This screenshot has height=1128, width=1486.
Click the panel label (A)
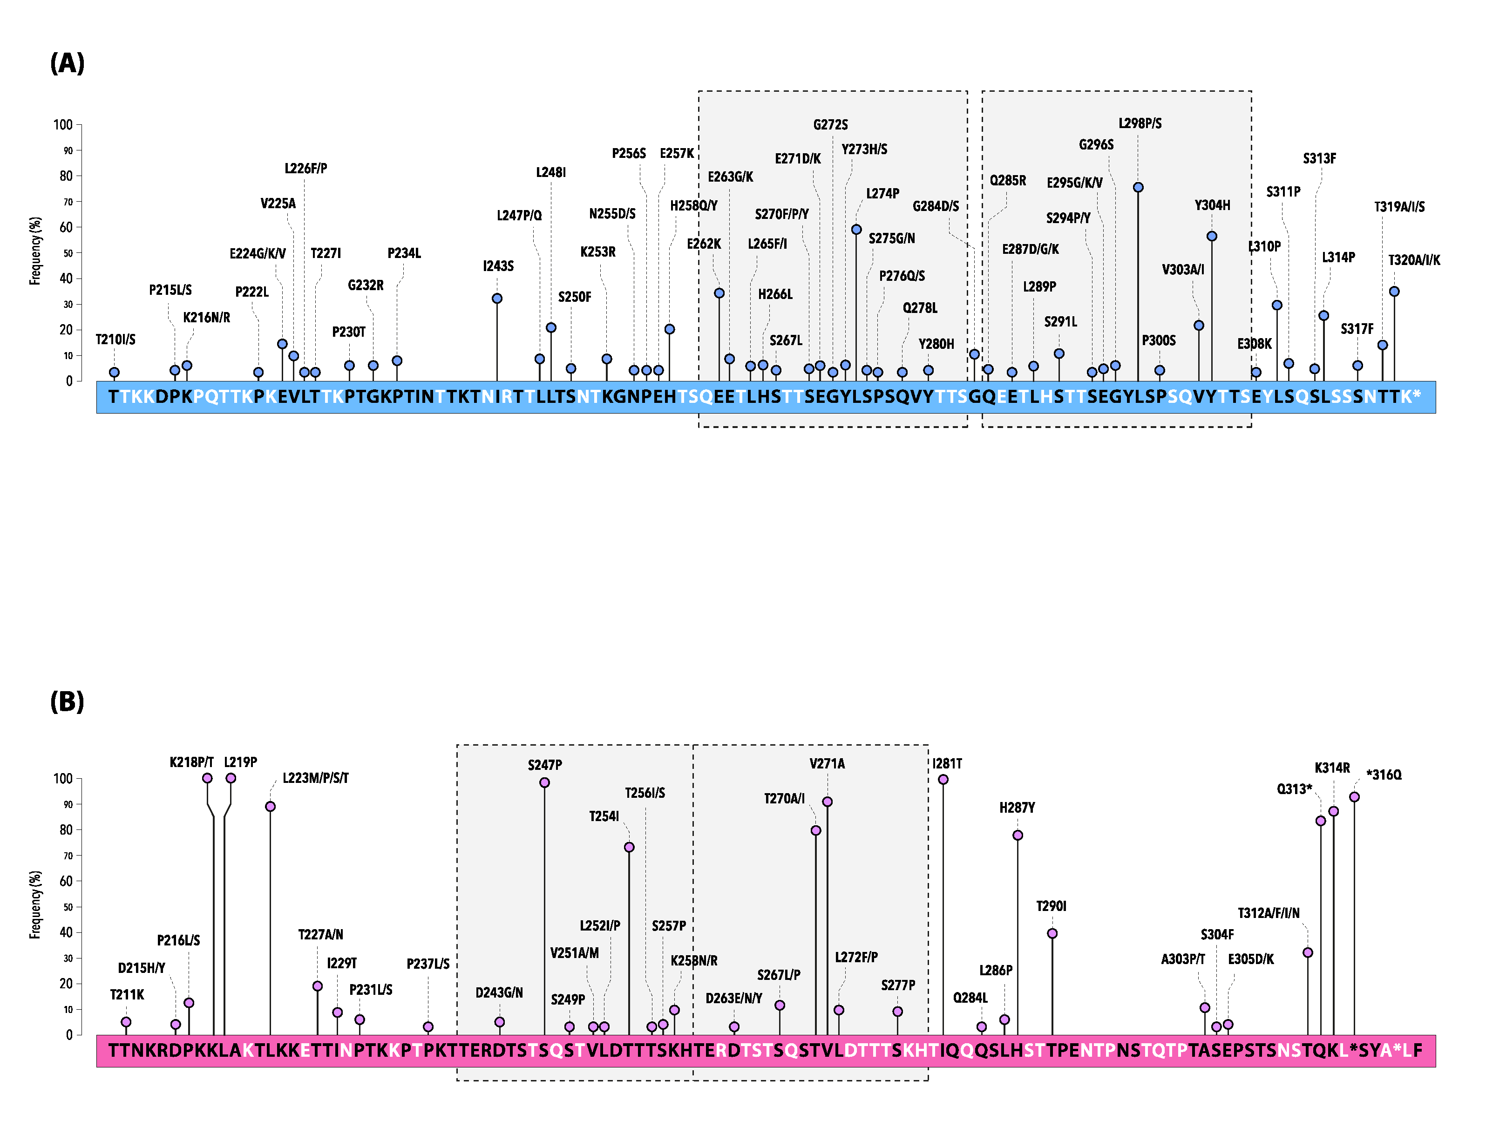tap(67, 63)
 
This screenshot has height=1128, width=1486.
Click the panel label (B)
tap(67, 701)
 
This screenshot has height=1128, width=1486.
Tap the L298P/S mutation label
tap(1140, 123)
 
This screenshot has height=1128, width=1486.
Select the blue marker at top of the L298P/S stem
tap(1138, 187)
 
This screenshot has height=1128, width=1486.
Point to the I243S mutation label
tap(498, 266)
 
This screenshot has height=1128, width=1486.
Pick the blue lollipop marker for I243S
tap(497, 298)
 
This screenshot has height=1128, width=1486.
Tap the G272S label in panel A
tap(830, 125)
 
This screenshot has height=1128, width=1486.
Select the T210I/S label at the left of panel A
tap(115, 339)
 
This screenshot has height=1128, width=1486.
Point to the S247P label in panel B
tap(545, 765)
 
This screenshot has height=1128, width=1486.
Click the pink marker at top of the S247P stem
tap(545, 783)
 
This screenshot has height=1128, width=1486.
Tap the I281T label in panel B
tap(947, 764)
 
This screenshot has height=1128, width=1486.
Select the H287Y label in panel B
tap(1017, 808)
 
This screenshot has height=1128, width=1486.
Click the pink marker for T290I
tap(1052, 933)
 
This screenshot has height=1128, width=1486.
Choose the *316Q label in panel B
tap(1384, 775)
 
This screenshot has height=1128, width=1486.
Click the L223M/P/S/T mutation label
tap(315, 778)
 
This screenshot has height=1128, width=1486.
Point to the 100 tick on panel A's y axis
tap(63, 125)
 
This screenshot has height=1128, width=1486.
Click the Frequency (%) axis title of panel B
tap(35, 904)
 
